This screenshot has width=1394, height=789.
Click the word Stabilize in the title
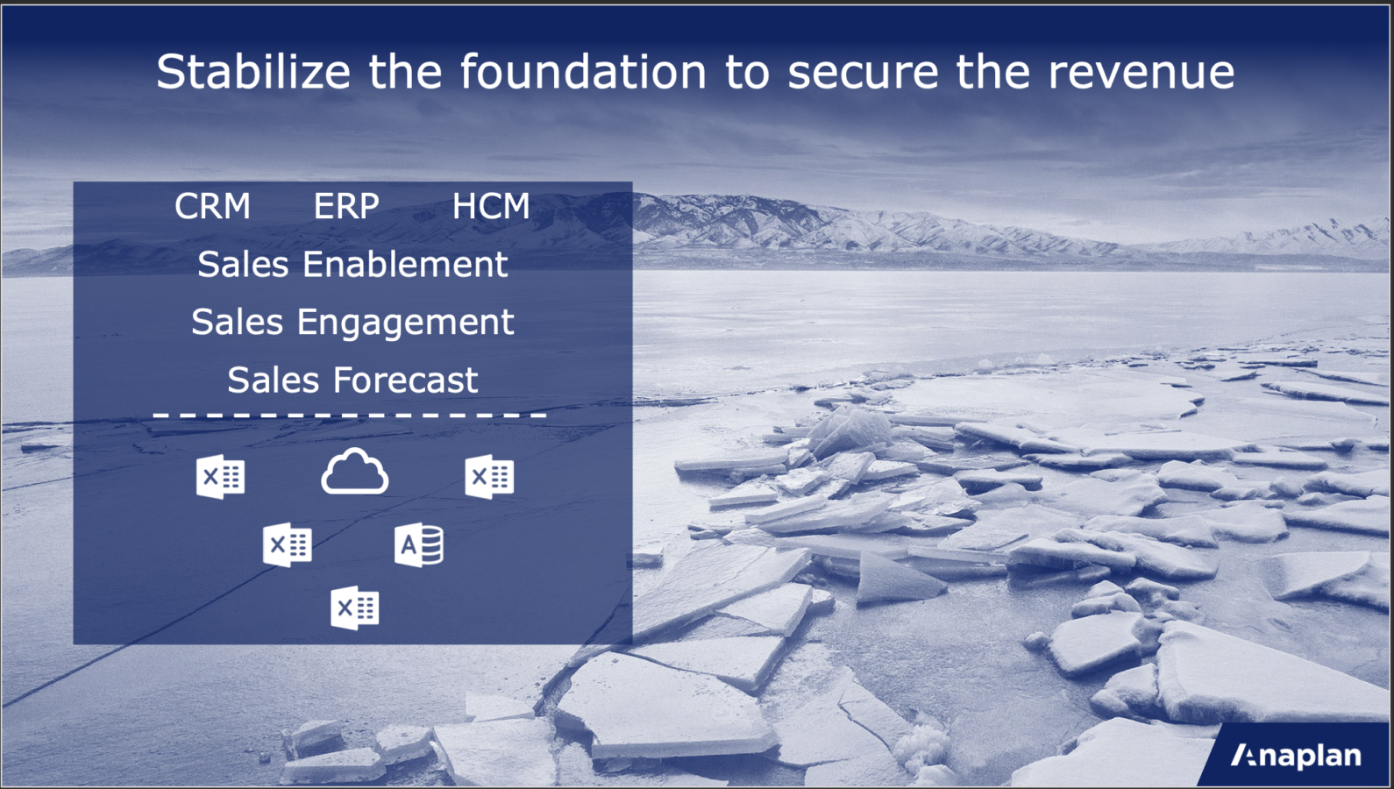pyautogui.click(x=253, y=72)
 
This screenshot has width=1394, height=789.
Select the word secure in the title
pyautogui.click(x=863, y=72)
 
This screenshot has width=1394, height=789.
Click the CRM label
pyautogui.click(x=212, y=206)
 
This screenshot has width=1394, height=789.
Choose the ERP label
pyautogui.click(x=346, y=206)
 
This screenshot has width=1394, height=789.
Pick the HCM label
pyautogui.click(x=490, y=206)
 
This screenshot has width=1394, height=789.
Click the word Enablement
pyautogui.click(x=405, y=264)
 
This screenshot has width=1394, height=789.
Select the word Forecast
pyautogui.click(x=406, y=380)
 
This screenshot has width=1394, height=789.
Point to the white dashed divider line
pyautogui.click(x=349, y=415)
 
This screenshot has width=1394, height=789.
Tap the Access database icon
pyautogui.click(x=419, y=544)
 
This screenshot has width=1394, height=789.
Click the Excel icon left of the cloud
pyautogui.click(x=220, y=477)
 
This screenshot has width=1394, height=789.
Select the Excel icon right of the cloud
pyautogui.click(x=489, y=477)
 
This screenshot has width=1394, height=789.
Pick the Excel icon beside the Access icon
pyautogui.click(x=287, y=544)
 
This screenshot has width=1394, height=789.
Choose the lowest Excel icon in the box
pyautogui.click(x=355, y=608)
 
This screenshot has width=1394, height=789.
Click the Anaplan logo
pyautogui.click(x=1296, y=756)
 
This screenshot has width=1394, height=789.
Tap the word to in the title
pyautogui.click(x=747, y=73)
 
